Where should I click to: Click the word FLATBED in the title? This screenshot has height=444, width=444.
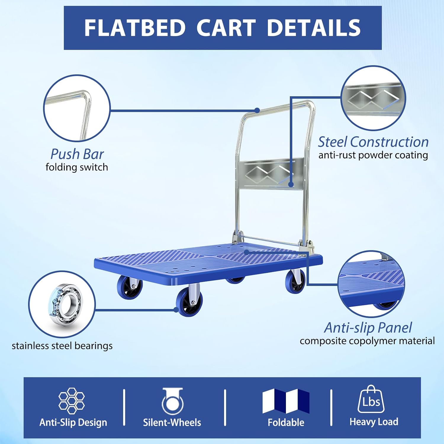pyautogui.click(x=135, y=28)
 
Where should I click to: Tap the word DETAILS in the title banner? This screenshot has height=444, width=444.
pyautogui.click(x=313, y=28)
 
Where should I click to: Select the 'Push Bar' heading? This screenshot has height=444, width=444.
pyautogui.click(x=77, y=154)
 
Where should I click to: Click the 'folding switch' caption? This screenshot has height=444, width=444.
pyautogui.click(x=77, y=167)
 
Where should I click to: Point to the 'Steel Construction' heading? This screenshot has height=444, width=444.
pyautogui.click(x=373, y=142)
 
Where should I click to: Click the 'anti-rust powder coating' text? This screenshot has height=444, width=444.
pyautogui.click(x=373, y=155)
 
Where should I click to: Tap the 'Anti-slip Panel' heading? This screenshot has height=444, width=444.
pyautogui.click(x=368, y=327)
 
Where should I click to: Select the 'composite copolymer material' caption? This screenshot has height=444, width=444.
pyautogui.click(x=367, y=341)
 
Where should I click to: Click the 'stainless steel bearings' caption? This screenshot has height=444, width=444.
pyautogui.click(x=62, y=346)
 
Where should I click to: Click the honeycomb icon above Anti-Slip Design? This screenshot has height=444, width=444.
pyautogui.click(x=72, y=400)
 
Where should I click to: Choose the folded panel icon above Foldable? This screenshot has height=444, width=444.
pyautogui.click(x=286, y=401)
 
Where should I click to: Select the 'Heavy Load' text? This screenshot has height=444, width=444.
pyautogui.click(x=374, y=422)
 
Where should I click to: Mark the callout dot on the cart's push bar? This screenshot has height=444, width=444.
pyautogui.click(x=257, y=110)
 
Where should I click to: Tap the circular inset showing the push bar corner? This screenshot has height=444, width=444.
pyautogui.click(x=77, y=108)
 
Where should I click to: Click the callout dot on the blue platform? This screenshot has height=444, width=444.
pyautogui.click(x=247, y=252)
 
